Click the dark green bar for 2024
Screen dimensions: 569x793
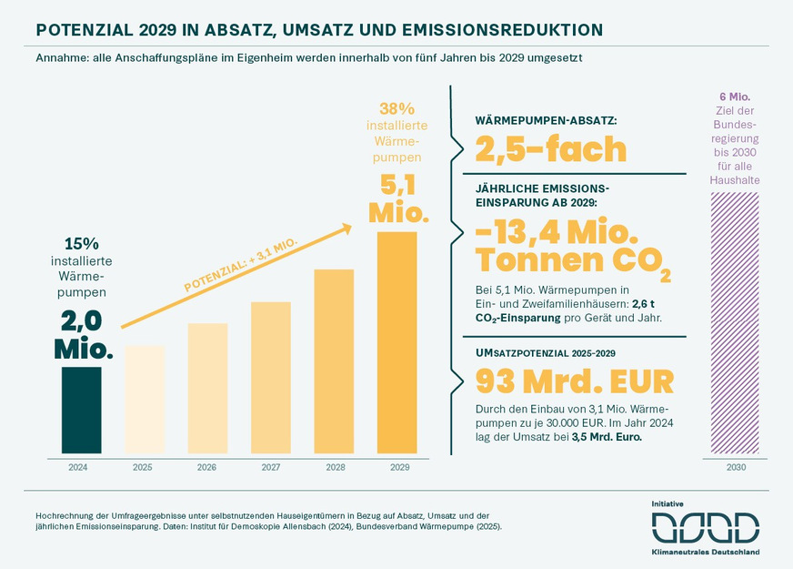(82, 409)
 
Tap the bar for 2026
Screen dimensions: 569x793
(207, 387)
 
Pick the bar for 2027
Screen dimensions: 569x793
(270, 376)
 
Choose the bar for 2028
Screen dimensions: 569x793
(334, 360)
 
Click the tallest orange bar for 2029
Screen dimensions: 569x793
(396, 341)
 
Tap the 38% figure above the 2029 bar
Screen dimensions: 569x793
(396, 107)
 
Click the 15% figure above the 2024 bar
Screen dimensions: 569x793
(82, 244)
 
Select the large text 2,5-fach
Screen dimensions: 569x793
(551, 148)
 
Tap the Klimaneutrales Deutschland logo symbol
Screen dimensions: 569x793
(705, 527)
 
